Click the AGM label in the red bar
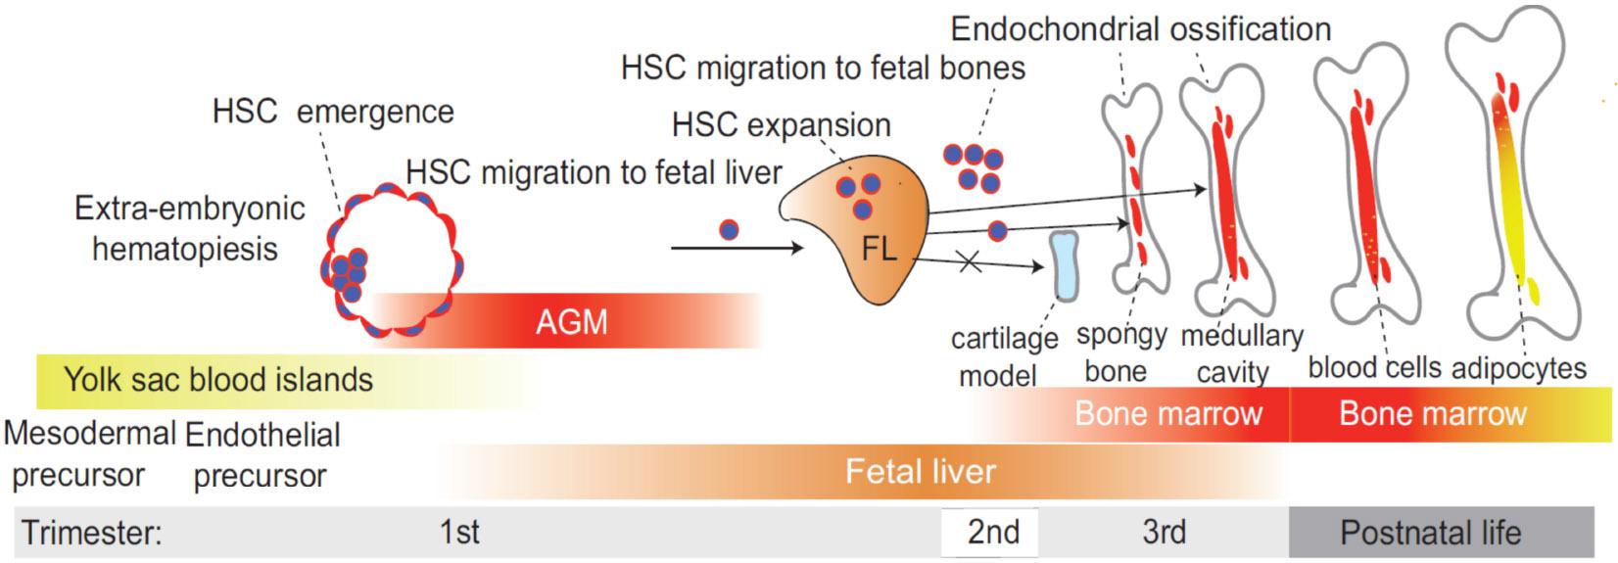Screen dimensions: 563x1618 tap(571, 321)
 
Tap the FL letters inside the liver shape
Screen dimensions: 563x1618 tap(879, 249)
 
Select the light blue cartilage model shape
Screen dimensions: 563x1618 tap(1064, 265)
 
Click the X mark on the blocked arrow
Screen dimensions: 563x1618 tap(969, 261)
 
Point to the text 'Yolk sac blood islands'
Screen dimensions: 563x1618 tap(218, 380)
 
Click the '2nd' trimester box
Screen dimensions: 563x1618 tap(992, 532)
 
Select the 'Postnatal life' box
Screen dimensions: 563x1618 tap(1430, 533)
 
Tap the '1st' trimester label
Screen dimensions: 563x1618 tap(459, 532)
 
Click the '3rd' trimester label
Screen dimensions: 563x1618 tap(1164, 532)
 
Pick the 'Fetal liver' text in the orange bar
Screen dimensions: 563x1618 tap(921, 472)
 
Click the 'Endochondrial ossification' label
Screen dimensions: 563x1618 tap(1141, 29)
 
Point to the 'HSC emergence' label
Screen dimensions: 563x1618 tap(333, 112)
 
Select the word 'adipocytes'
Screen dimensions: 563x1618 tap(1518, 368)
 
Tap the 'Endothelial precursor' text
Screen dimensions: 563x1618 tap(262, 454)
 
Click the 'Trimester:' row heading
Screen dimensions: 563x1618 tap(91, 534)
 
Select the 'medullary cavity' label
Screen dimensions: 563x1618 tap(1241, 353)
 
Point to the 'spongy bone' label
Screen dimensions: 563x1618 tap(1120, 352)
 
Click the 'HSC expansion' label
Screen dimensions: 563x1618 tap(781, 126)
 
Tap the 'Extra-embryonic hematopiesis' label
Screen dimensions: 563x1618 tap(189, 228)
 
